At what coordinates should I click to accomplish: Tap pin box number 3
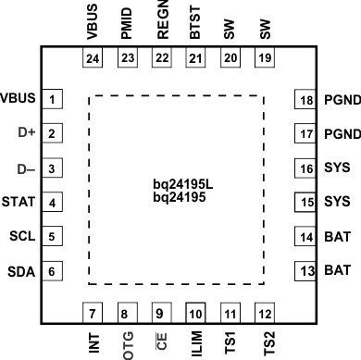(x=55, y=169)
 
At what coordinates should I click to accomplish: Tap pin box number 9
(x=159, y=312)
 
